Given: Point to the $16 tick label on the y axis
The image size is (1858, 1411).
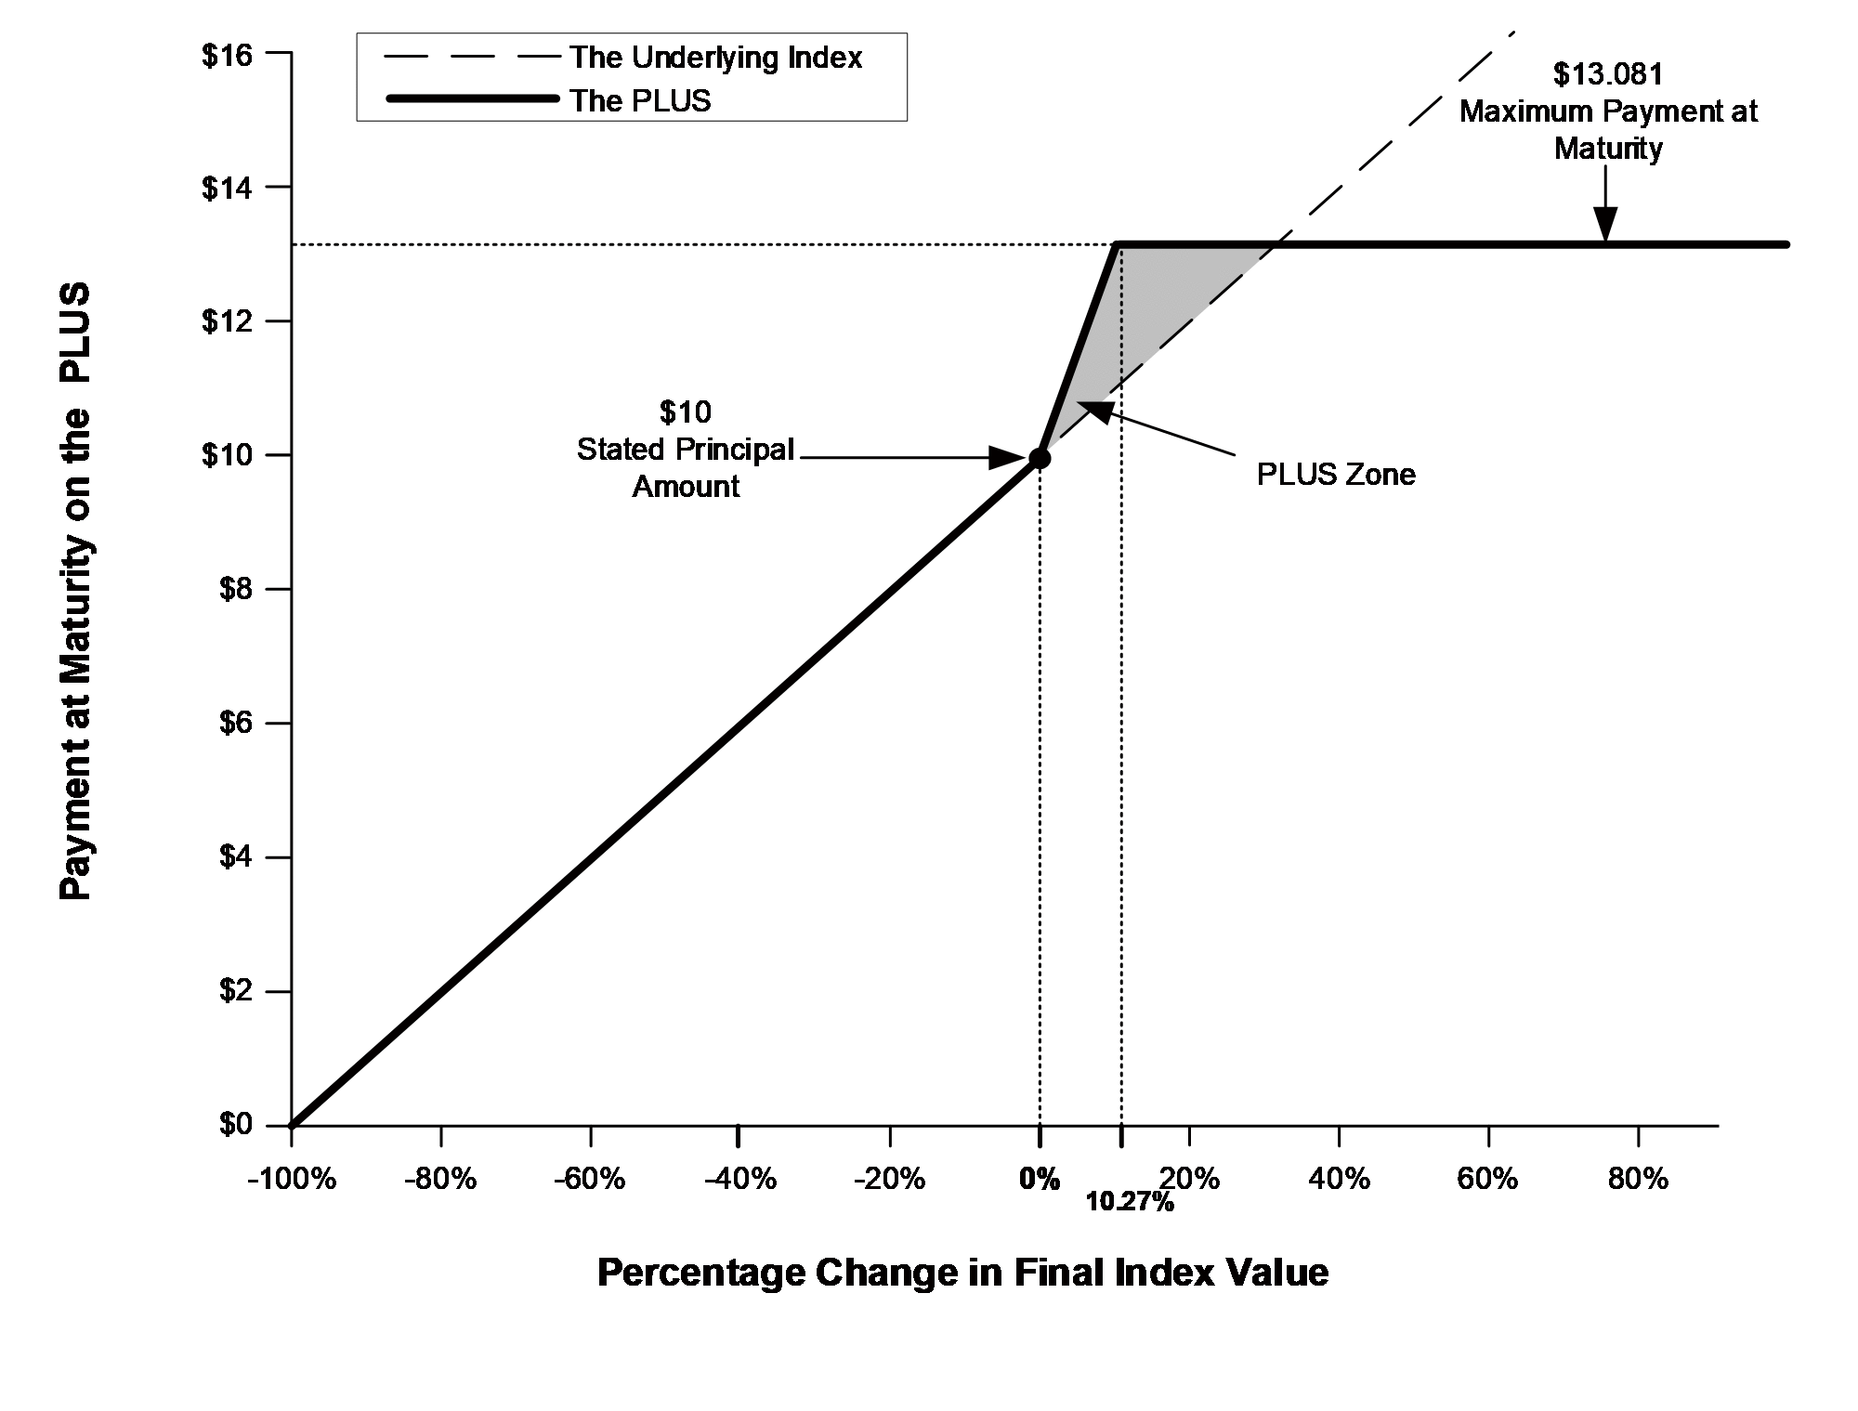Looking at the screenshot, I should [227, 55].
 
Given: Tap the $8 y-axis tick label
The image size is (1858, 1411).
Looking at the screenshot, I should [235, 590].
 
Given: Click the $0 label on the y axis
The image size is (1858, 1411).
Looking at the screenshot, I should [235, 1125].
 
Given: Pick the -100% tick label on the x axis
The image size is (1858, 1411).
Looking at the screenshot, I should [291, 1179].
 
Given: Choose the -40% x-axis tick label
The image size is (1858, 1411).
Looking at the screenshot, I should [739, 1179].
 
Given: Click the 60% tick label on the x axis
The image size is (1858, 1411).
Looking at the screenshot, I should [1487, 1179].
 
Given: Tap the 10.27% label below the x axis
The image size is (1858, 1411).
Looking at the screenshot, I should [1130, 1203].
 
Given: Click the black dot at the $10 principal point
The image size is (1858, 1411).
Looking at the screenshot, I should [1040, 458].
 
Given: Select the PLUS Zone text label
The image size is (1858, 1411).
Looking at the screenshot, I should [1336, 475].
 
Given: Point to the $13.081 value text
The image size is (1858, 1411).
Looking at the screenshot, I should [1608, 74].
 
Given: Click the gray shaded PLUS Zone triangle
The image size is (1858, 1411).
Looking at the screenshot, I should [1161, 307].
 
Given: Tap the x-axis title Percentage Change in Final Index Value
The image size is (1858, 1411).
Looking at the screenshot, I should [962, 1272].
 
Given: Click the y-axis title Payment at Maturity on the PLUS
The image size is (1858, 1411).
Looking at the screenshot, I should [76, 591].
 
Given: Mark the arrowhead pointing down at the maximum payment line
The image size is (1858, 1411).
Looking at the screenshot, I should [1605, 226].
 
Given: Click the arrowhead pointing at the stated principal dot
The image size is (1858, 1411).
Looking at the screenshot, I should [1007, 458].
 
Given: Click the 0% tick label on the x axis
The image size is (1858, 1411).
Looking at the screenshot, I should [1040, 1179].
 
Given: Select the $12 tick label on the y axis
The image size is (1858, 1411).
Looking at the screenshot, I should [227, 321].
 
